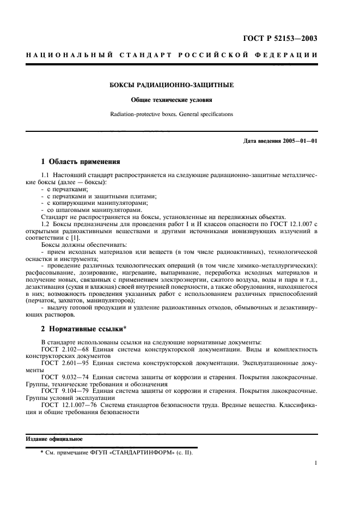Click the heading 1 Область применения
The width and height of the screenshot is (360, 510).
click(x=81, y=161)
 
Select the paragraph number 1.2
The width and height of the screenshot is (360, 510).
click(x=46, y=224)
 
